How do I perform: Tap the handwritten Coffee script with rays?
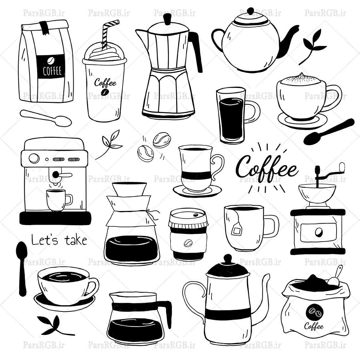coord(267,167)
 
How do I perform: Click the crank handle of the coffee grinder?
coord(342,167)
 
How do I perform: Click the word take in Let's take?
coord(76,240)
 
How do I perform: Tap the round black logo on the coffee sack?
coord(314,312)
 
